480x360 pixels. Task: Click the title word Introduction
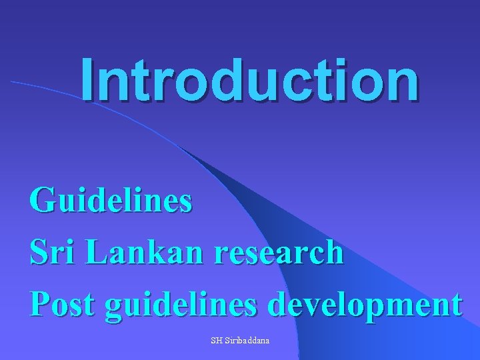[250, 79]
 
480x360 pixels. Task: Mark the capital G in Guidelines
[43, 199]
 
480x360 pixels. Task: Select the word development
[364, 306]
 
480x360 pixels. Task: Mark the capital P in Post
[39, 304]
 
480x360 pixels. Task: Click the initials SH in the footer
[216, 341]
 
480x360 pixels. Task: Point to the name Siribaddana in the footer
[247, 341]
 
